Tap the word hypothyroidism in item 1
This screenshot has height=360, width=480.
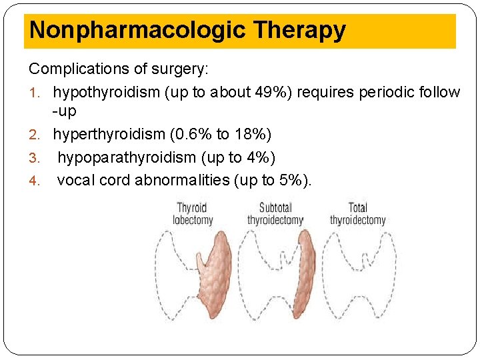[x=107, y=92]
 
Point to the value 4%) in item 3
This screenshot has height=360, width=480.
[x=261, y=157]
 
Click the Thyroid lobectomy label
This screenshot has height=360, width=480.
[x=193, y=214]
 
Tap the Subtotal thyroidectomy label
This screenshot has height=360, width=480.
[x=275, y=214]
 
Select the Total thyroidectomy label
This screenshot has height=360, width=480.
[x=358, y=214]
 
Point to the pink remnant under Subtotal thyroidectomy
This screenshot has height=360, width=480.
[x=306, y=273]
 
